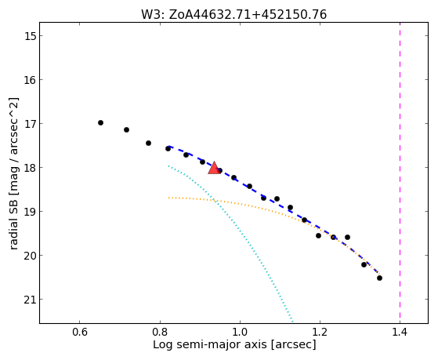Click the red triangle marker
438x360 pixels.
coord(214,168)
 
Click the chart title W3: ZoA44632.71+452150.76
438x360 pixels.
coord(233,15)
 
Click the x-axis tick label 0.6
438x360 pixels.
coord(80,332)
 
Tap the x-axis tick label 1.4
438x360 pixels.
coord(400,332)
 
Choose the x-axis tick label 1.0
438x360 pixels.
coord(240,332)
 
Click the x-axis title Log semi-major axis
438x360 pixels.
coord(210,344)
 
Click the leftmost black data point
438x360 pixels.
coord(100,123)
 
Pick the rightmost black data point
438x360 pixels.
coord(379,278)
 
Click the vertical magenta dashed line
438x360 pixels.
coord(400,173)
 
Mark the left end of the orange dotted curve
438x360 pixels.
coord(168,198)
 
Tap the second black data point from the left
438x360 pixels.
coord(126,129)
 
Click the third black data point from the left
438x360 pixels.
coord(148,144)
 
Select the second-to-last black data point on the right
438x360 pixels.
coord(364,264)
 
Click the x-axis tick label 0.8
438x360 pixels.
coord(160,332)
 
